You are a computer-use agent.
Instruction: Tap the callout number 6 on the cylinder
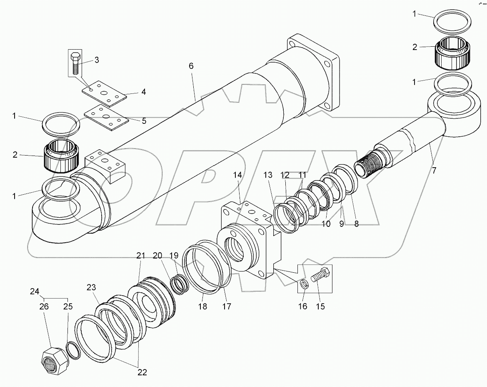[191, 66]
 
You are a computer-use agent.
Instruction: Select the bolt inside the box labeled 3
[75, 63]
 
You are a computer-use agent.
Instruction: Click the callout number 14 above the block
[237, 175]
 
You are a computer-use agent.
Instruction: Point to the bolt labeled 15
[321, 276]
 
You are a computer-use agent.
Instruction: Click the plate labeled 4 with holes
[104, 93]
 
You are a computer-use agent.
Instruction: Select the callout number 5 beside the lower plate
[144, 121]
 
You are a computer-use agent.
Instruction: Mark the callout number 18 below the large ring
[202, 307]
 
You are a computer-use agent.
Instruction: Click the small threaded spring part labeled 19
[180, 284]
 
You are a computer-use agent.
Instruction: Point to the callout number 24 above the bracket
[35, 291]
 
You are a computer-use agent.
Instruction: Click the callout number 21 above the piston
[140, 255]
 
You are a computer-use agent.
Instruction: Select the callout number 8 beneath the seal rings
[356, 224]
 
